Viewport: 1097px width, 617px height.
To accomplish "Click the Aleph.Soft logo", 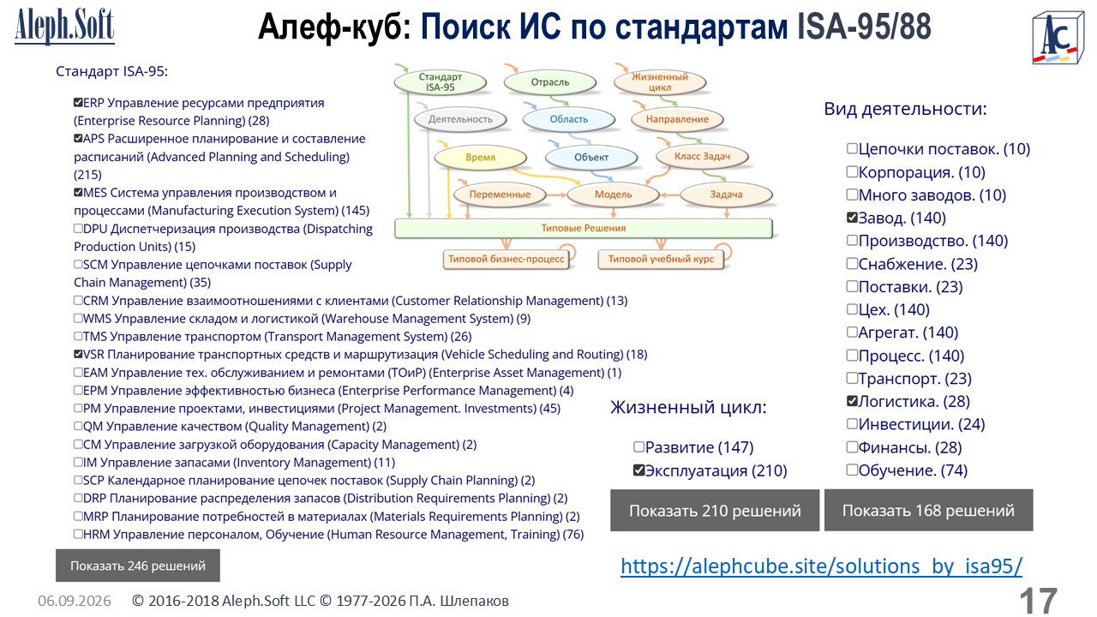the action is [64, 27].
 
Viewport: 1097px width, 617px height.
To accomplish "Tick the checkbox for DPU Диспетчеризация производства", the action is [78, 228].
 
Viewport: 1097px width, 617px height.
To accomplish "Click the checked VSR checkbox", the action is [78, 354].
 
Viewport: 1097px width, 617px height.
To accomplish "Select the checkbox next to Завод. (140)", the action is [852, 218].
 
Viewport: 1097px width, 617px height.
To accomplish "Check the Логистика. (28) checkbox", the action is [852, 401].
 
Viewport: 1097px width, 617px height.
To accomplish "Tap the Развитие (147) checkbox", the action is [638, 446].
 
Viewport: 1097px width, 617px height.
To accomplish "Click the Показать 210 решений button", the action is [715, 510].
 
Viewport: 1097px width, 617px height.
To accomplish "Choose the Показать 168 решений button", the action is [928, 510].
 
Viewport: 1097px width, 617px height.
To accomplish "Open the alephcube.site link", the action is [821, 566].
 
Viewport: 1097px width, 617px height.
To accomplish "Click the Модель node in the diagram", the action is [613, 195].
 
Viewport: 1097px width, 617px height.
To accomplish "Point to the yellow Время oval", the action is [481, 157].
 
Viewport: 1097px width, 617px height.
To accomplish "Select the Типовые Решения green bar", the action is [584, 228].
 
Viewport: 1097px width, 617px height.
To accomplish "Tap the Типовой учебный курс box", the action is [661, 259].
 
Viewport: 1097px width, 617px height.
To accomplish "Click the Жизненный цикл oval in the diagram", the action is [660, 82].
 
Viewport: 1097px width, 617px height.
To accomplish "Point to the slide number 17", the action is [1038, 601].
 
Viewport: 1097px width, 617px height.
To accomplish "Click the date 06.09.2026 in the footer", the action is [75, 601].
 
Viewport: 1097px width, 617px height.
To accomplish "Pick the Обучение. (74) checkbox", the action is [852, 470].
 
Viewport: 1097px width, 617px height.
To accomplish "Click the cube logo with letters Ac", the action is [1058, 39].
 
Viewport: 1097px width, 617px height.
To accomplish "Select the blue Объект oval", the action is [591, 157].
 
